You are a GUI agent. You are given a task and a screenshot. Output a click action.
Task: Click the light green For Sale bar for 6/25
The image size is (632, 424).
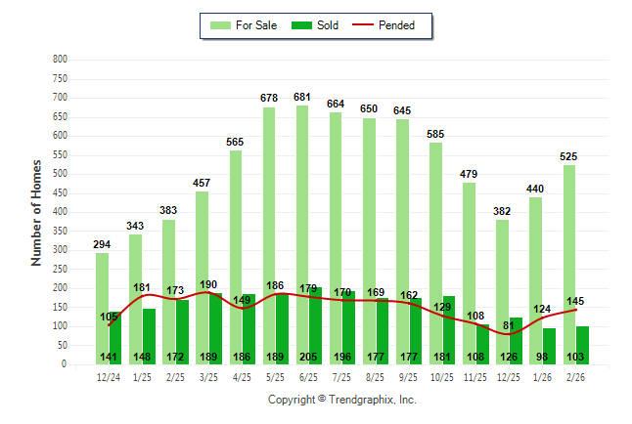[x=303, y=234]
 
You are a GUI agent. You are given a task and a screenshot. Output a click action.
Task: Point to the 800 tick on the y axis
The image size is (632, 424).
[x=60, y=60]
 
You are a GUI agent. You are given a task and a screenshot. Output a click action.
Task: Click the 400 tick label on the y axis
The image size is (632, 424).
[x=60, y=212]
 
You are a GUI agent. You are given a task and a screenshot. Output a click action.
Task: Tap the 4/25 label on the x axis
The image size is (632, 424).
[x=243, y=376]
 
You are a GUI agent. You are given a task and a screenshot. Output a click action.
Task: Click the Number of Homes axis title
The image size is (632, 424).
[x=37, y=212]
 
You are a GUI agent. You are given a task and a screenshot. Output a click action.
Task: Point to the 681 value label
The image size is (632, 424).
[x=303, y=97]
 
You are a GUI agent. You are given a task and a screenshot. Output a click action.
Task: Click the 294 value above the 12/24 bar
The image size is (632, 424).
[x=103, y=244]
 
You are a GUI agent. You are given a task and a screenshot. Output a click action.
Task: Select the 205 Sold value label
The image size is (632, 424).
[x=310, y=357]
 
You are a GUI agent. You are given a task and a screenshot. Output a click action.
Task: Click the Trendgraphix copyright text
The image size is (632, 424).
[x=342, y=400]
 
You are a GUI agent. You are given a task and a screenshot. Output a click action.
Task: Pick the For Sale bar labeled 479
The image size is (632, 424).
[x=470, y=274]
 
